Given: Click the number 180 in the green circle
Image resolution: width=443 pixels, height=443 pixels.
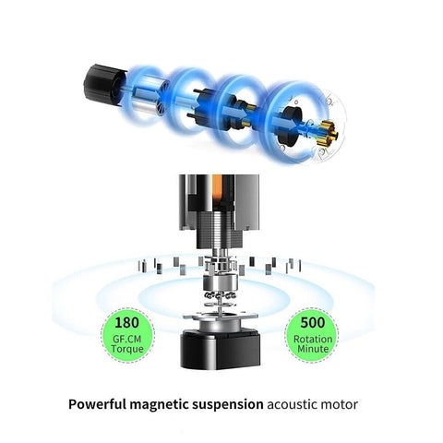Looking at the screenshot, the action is [x=126, y=323].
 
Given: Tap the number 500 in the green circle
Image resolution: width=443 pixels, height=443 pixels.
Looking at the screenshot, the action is [x=313, y=323].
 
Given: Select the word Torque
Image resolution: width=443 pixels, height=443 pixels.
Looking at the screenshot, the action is [x=127, y=349].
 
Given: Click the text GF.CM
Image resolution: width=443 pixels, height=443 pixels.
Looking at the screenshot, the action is [x=126, y=339].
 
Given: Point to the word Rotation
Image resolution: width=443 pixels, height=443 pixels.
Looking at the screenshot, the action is [x=313, y=339].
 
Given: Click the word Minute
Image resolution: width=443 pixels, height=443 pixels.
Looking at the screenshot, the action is [x=313, y=349].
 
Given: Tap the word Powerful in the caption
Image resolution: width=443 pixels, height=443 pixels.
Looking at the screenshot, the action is [x=97, y=404].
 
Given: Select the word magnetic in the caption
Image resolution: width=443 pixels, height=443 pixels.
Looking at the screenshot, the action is [x=160, y=404].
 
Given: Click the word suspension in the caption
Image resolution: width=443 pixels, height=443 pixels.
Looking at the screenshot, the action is [x=228, y=405].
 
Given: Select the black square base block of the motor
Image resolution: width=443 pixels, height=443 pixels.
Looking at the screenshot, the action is [x=221, y=350].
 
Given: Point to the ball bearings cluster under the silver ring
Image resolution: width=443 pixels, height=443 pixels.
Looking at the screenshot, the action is [x=220, y=295].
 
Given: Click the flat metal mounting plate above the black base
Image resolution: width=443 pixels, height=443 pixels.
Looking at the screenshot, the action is [x=221, y=315].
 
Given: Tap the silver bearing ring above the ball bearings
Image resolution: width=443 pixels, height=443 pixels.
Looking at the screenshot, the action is [x=220, y=282].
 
